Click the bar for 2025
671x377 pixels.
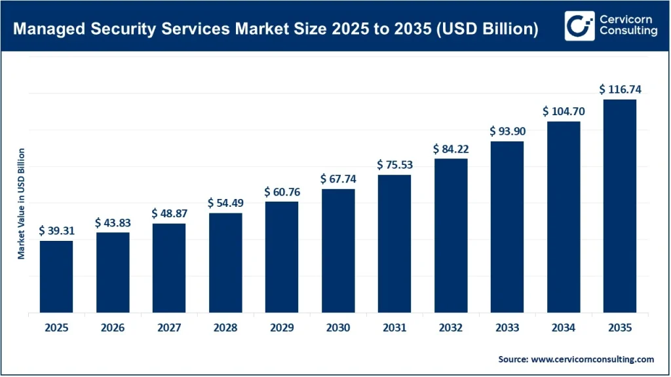(56, 277)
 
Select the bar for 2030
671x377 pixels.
(338, 251)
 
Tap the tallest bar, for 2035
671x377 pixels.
(620, 206)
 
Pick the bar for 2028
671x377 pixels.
(225, 263)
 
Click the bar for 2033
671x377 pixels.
(507, 227)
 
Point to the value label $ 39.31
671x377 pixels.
(56, 230)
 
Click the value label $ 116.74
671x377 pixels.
(620, 89)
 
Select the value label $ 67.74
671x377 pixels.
(338, 179)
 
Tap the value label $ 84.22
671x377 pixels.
(451, 149)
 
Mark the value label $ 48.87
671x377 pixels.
(169, 213)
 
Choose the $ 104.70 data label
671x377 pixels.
(564, 111)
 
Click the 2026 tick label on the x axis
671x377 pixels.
(113, 328)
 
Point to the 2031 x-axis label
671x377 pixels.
(394, 328)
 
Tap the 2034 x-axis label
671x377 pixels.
(564, 328)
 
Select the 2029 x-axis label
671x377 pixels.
(282, 328)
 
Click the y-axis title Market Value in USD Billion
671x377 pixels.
(21, 204)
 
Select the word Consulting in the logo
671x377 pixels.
(628, 32)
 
